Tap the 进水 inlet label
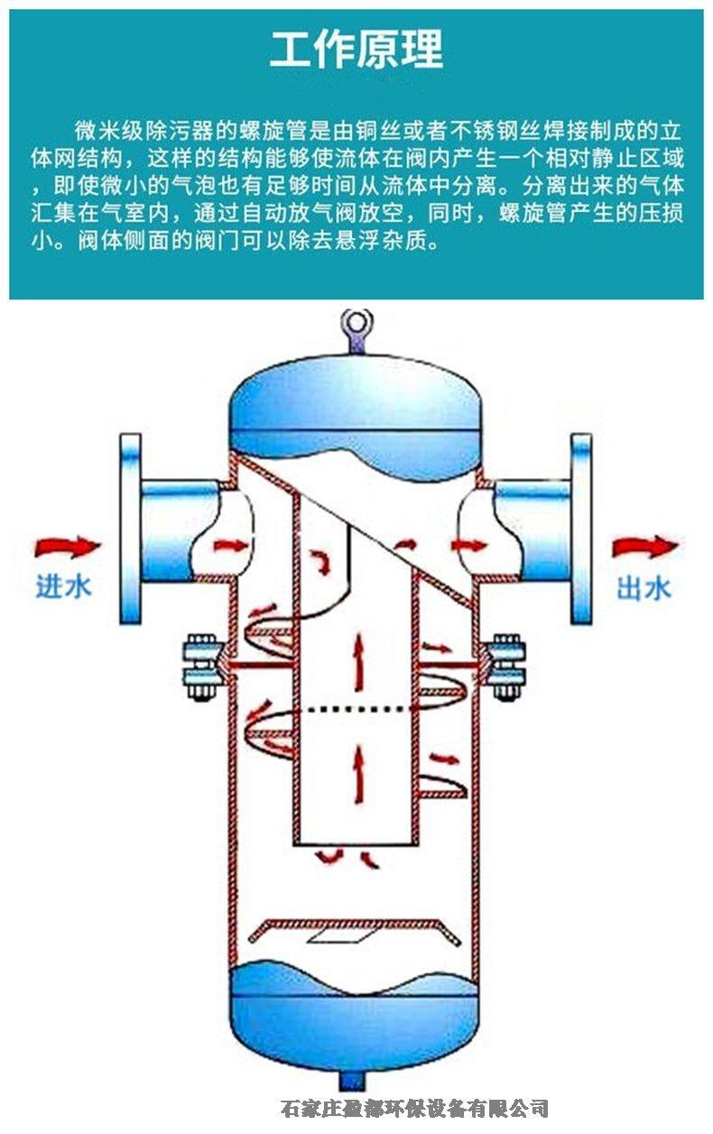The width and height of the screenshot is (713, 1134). [63, 587]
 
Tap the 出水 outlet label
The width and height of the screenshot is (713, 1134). [644, 589]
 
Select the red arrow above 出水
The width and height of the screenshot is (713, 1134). [644, 547]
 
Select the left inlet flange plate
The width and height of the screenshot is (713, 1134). [131, 530]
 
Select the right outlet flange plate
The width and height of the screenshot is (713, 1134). [581, 530]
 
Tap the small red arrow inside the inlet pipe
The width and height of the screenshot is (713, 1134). [230, 546]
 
